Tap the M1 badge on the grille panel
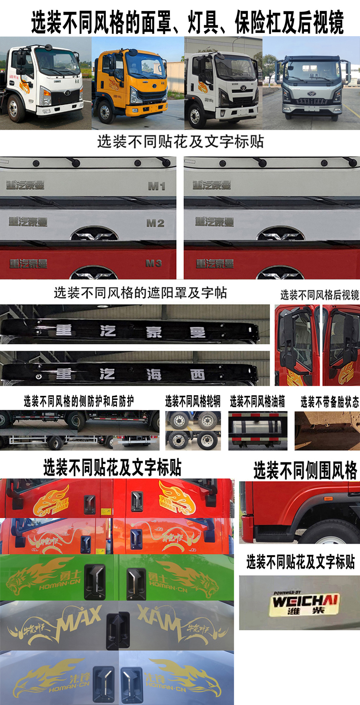tap(156, 186)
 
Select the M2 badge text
tap(155, 223)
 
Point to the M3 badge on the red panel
tap(154, 263)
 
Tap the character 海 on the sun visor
tap(154, 374)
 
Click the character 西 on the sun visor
tap(197, 374)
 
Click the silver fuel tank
tap(258, 430)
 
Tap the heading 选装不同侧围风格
tap(305, 471)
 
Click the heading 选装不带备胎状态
tap(330, 402)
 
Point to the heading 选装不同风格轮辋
tap(193, 402)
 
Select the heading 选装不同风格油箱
tap(258, 402)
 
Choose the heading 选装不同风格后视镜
tap(319, 295)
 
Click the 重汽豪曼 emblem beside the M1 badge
tap(25, 185)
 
